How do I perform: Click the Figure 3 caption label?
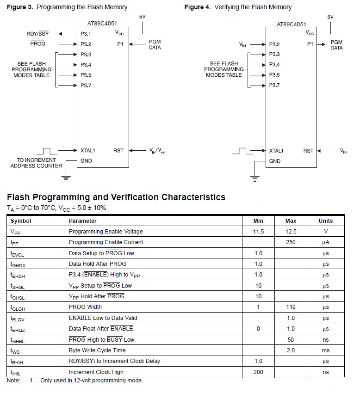point(67,7)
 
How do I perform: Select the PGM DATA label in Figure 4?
point(336,45)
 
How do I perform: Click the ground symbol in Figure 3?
point(67,177)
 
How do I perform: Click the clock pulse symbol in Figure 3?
point(46,151)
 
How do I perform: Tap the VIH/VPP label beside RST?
point(158,151)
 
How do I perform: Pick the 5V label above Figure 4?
point(330,17)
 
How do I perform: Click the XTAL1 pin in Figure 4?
point(276,151)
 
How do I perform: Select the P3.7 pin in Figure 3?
point(86,85)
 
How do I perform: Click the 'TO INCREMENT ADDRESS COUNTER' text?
point(36,163)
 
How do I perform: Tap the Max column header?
point(291,221)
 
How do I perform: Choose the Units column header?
point(325,221)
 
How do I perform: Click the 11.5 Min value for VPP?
point(258,232)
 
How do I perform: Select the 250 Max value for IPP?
point(291,242)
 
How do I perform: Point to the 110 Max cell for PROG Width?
point(291,307)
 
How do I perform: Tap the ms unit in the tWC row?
point(325,350)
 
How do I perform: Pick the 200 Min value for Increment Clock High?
point(258,372)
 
